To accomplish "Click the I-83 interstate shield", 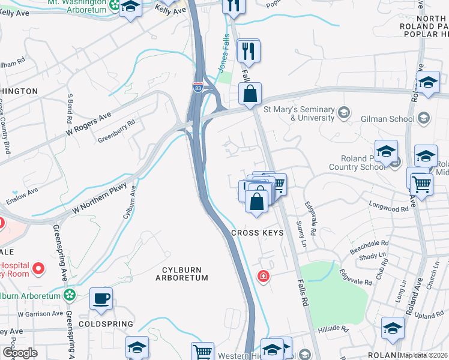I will (x=197, y=88).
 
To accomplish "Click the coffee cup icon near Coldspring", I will (x=101, y=298).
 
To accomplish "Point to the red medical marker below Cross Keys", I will (x=262, y=276).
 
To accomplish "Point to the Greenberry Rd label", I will (x=117, y=131).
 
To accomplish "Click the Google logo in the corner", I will (x=19, y=353).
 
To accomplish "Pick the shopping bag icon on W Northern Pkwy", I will (x=250, y=94).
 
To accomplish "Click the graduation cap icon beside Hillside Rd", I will (x=393, y=328).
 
